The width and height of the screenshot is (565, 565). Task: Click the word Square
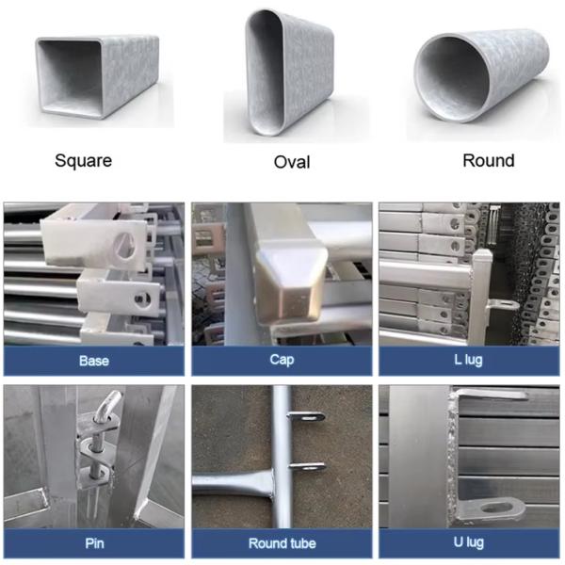(x=83, y=160)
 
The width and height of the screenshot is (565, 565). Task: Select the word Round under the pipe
(x=488, y=160)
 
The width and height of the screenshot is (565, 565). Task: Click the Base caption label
(x=93, y=361)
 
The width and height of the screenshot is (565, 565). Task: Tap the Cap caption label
(x=282, y=361)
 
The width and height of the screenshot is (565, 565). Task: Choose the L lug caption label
(x=469, y=361)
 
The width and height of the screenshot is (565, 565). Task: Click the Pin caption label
(x=93, y=542)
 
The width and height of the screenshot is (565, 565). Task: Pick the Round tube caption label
(x=282, y=542)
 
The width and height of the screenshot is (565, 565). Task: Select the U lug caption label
(x=469, y=542)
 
